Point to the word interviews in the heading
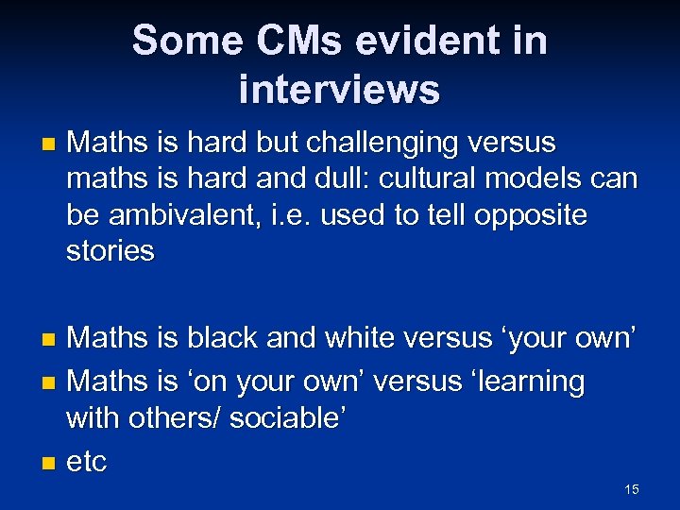click(340, 90)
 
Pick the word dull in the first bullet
click(376, 179)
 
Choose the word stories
click(110, 251)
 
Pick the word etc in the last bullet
click(88, 462)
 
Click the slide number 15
click(632, 489)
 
